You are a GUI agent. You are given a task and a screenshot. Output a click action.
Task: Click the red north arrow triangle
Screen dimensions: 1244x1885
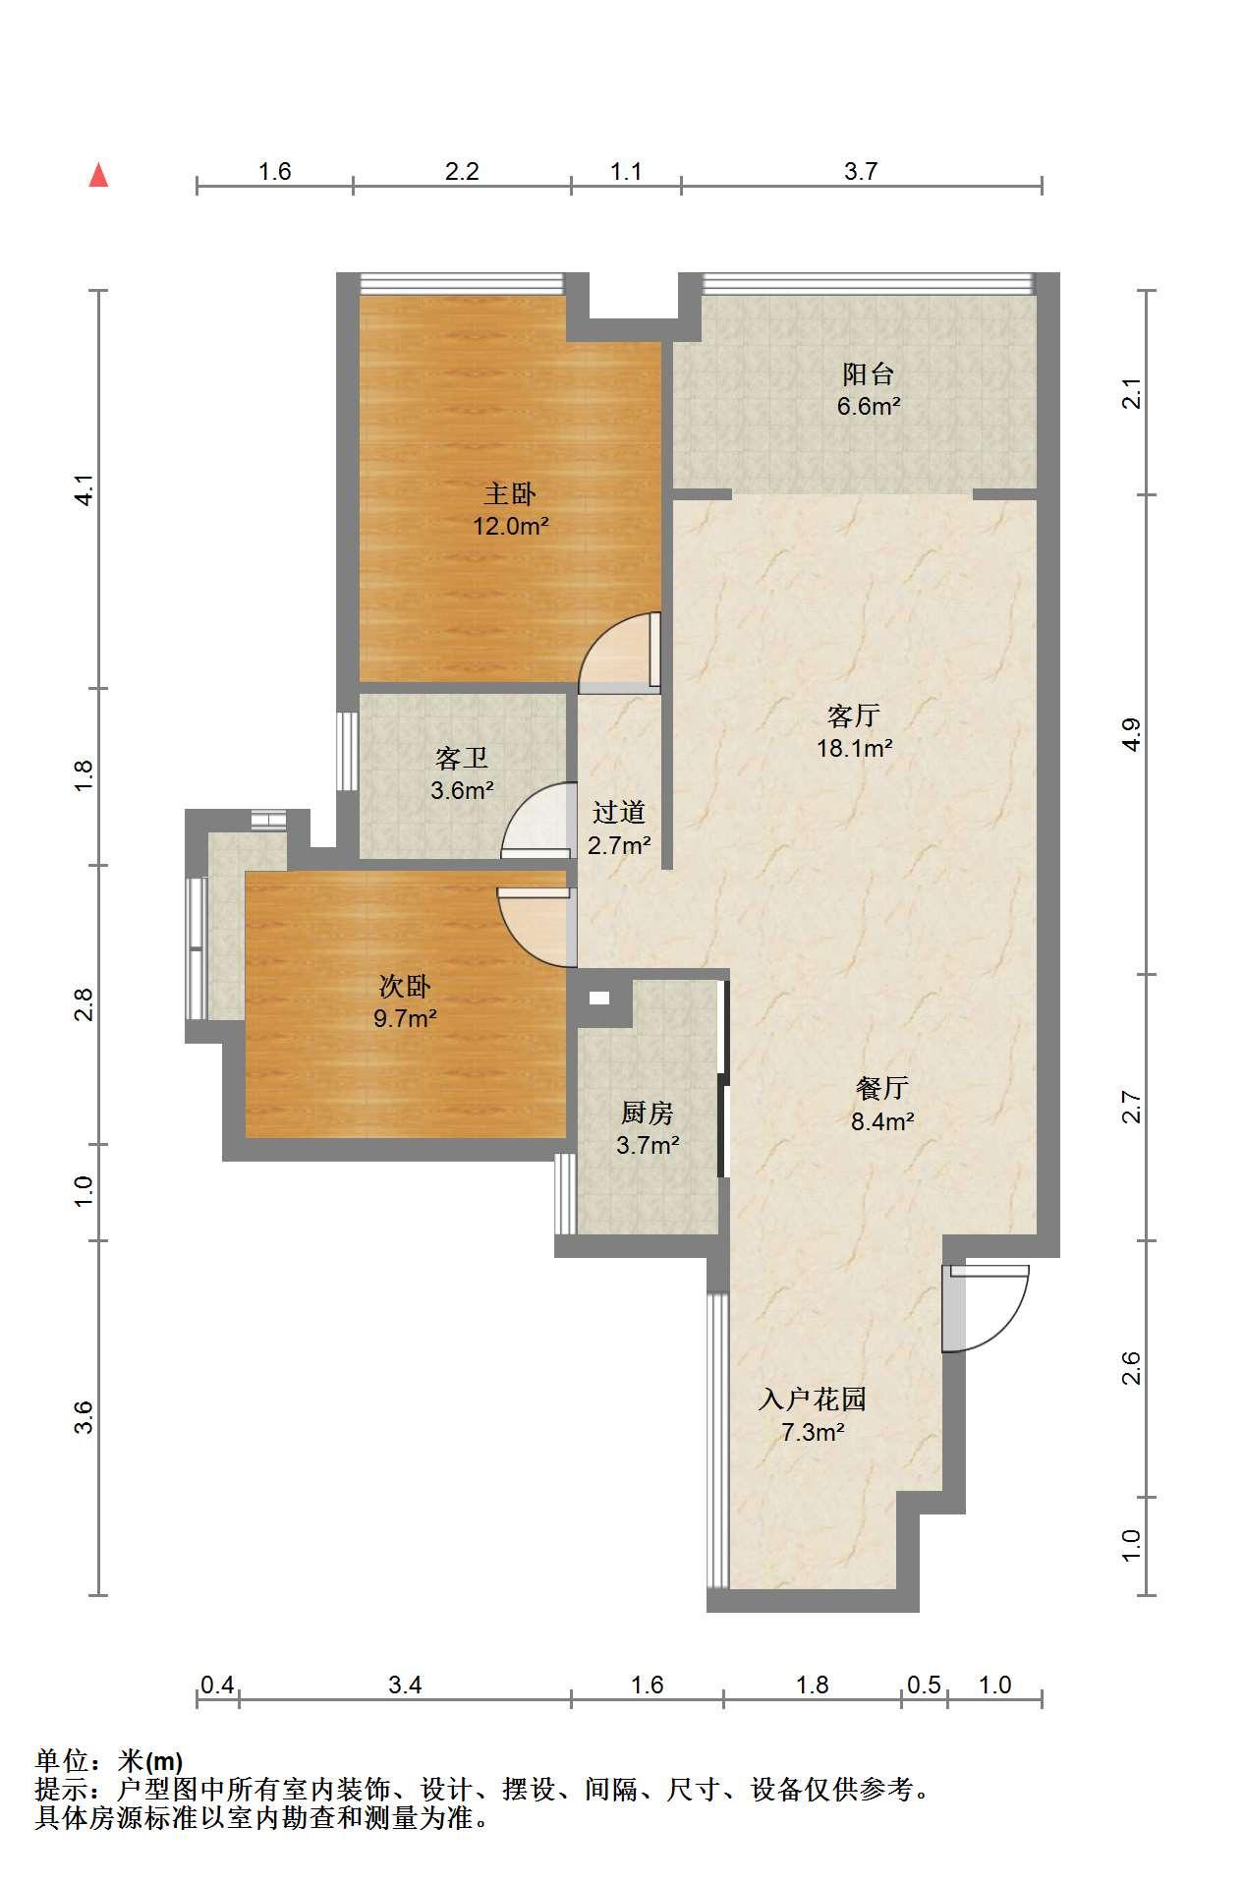point(98,175)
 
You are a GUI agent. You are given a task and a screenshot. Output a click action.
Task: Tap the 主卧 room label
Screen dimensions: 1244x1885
point(510,493)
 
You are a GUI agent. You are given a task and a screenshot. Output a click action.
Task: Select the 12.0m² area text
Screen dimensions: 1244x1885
point(510,526)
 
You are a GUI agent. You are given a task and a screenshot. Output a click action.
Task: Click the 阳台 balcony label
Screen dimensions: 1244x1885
point(869,373)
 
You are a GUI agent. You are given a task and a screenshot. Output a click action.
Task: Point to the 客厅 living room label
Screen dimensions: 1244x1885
point(854,714)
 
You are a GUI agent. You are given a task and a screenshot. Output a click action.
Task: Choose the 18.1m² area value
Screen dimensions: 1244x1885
point(854,748)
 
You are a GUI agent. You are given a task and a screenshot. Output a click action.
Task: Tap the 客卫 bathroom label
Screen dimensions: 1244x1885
point(461,758)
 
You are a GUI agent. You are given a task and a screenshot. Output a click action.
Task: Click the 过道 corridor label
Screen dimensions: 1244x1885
point(619,812)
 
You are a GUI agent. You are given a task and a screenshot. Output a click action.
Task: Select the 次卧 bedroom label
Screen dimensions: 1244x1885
point(405,986)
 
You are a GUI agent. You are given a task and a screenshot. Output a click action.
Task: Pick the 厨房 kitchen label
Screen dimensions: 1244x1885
point(648,1113)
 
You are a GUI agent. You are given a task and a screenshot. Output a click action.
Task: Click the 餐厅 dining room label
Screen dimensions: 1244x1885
point(882,1088)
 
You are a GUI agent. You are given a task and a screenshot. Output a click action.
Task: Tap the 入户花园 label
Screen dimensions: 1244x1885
point(813,1399)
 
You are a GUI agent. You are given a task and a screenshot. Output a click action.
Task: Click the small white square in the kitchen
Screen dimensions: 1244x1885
point(598,999)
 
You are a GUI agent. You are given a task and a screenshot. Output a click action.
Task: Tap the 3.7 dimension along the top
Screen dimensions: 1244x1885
point(861,171)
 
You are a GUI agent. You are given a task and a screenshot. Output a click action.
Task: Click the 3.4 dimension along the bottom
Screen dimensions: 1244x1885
point(405,1685)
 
